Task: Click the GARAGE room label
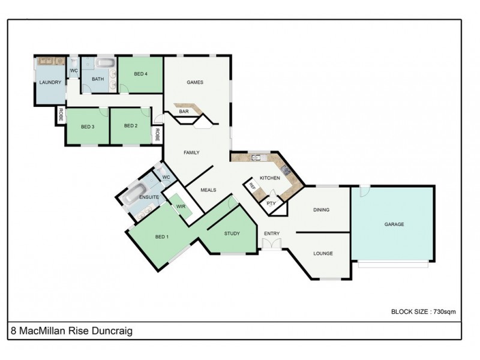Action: tap(394, 224)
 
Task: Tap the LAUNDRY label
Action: tap(50, 82)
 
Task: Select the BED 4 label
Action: tap(140, 74)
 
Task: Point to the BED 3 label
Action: tap(88, 126)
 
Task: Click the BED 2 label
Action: tap(131, 125)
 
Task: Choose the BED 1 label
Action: tap(162, 236)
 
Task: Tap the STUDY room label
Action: tap(232, 233)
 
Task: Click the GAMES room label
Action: tap(195, 82)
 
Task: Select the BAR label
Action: tap(184, 112)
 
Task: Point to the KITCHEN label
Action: tap(269, 178)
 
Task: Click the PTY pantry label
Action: tap(271, 203)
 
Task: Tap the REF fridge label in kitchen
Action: tap(252, 187)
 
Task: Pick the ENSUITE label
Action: tap(148, 197)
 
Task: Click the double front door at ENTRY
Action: tap(271, 243)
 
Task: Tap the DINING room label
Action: tap(322, 210)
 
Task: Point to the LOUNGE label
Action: tap(323, 253)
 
